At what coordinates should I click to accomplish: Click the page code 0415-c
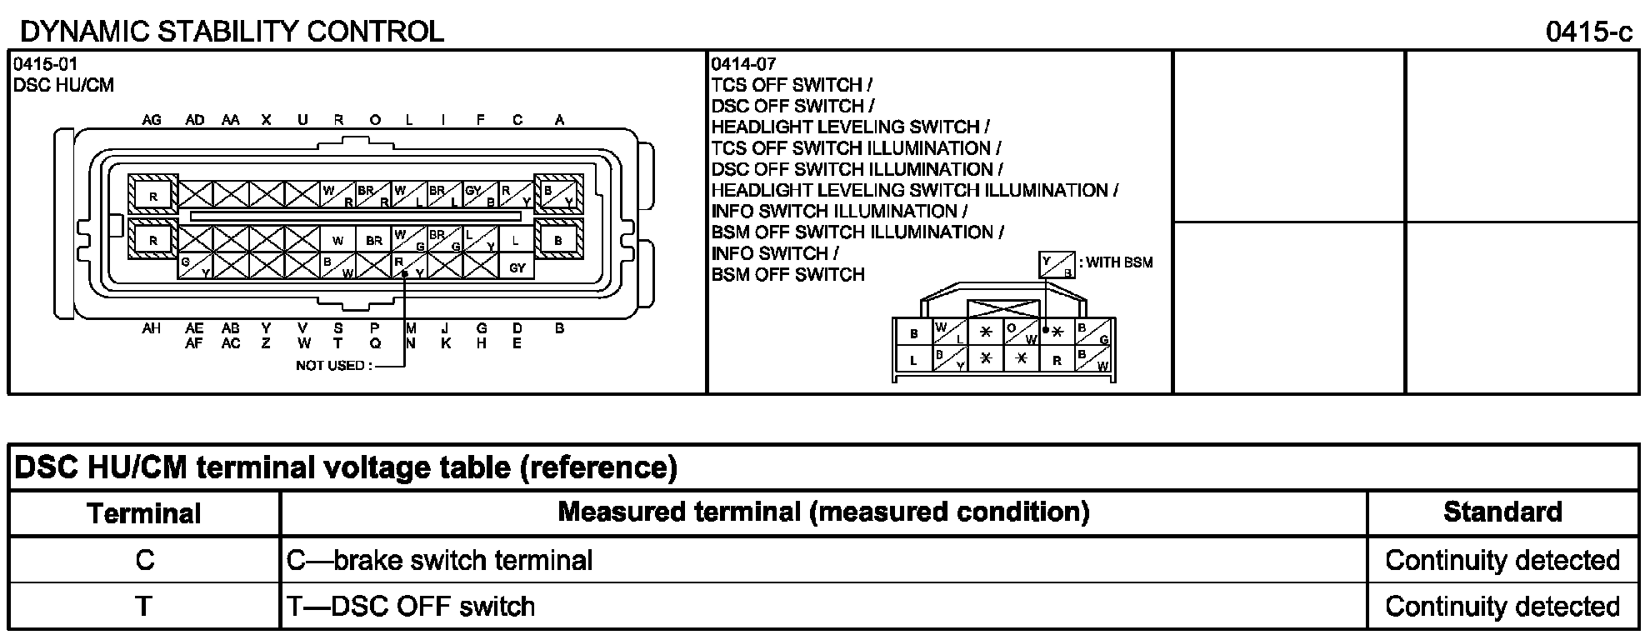(x=1588, y=32)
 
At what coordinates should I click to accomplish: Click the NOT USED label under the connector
(x=330, y=366)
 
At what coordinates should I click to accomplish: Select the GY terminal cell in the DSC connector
(x=517, y=267)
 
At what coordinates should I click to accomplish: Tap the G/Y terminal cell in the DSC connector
(x=195, y=267)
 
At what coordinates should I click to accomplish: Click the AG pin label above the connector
(x=152, y=120)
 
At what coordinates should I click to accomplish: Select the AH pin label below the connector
(x=152, y=328)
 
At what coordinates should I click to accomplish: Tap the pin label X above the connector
(x=266, y=120)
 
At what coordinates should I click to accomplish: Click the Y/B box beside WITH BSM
(x=1057, y=266)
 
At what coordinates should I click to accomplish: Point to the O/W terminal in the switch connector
(x=1021, y=332)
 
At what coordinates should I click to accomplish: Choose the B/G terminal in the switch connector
(x=1092, y=332)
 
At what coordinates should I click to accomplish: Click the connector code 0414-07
(x=743, y=64)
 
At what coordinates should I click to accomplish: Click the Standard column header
(x=1502, y=512)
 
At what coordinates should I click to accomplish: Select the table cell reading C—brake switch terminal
(x=439, y=560)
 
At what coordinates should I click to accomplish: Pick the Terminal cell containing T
(x=144, y=606)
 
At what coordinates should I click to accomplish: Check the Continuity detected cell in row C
(x=1502, y=560)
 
